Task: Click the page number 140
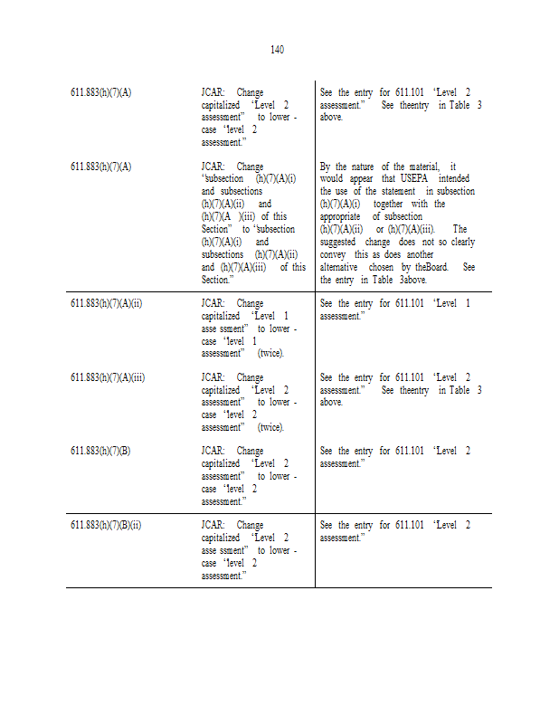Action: click(x=277, y=50)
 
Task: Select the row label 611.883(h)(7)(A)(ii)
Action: click(x=106, y=303)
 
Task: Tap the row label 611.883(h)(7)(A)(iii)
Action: click(x=108, y=377)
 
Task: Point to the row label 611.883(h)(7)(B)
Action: click(x=100, y=451)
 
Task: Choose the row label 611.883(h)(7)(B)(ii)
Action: click(x=106, y=525)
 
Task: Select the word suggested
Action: click(x=340, y=243)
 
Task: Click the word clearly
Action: click(x=462, y=243)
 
